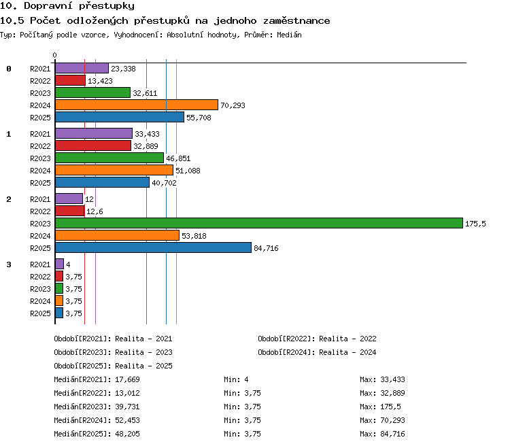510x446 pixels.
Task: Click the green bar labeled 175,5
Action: [259, 223]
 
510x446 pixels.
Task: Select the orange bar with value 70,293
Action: [137, 105]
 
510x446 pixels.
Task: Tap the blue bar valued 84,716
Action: [153, 247]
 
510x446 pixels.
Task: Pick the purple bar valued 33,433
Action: [94, 133]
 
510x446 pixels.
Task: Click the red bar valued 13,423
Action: [70, 80]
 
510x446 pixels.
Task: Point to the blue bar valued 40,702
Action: [102, 182]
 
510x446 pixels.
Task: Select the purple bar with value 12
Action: [69, 199]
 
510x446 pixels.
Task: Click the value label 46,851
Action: [178, 158]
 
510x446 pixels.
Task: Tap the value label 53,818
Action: [194, 236]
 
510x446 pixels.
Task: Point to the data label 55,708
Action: [199, 118]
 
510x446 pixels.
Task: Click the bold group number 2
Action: [9, 199]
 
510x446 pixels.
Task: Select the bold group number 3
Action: [9, 264]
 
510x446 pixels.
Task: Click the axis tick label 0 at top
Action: [54, 55]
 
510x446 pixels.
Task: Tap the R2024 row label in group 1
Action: [40, 171]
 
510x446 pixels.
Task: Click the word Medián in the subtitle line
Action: [289, 35]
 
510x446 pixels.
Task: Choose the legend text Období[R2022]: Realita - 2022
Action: [317, 339]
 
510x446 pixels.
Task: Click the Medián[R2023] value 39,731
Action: [127, 407]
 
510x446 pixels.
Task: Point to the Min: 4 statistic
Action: [236, 379]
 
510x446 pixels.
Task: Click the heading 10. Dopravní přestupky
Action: [67, 5]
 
